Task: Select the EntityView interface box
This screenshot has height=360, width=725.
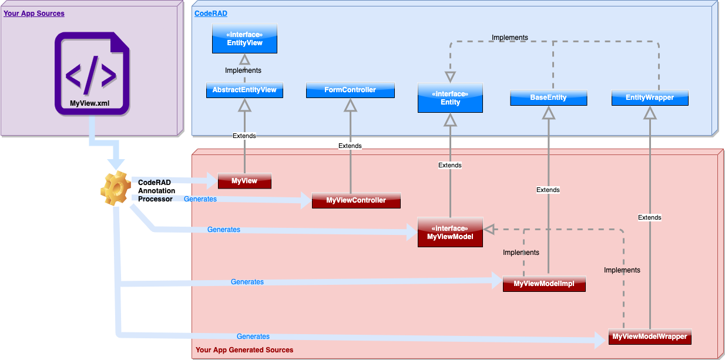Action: point(244,39)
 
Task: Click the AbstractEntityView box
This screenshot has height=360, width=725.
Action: point(244,90)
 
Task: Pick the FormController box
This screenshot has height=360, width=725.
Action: point(350,90)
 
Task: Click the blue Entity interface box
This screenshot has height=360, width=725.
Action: point(450,97)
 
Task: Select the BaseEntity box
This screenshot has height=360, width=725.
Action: point(548,97)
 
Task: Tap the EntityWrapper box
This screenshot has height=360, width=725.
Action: point(649,97)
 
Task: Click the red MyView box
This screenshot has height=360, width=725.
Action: point(244,181)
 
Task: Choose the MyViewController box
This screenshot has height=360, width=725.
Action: point(356,200)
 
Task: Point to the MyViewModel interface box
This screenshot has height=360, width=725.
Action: point(450,232)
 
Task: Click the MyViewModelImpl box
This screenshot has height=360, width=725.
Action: point(545,284)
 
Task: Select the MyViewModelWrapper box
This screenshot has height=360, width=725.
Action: point(650,337)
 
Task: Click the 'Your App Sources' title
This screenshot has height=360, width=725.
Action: point(34,13)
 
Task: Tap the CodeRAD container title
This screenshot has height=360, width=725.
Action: point(211,13)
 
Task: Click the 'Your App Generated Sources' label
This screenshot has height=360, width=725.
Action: point(244,350)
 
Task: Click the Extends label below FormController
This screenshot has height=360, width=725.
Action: point(350,146)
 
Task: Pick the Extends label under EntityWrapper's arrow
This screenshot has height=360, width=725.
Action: point(649,217)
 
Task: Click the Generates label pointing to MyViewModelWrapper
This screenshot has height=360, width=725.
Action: point(253,337)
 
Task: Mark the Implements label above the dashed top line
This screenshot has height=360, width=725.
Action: point(509,38)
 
